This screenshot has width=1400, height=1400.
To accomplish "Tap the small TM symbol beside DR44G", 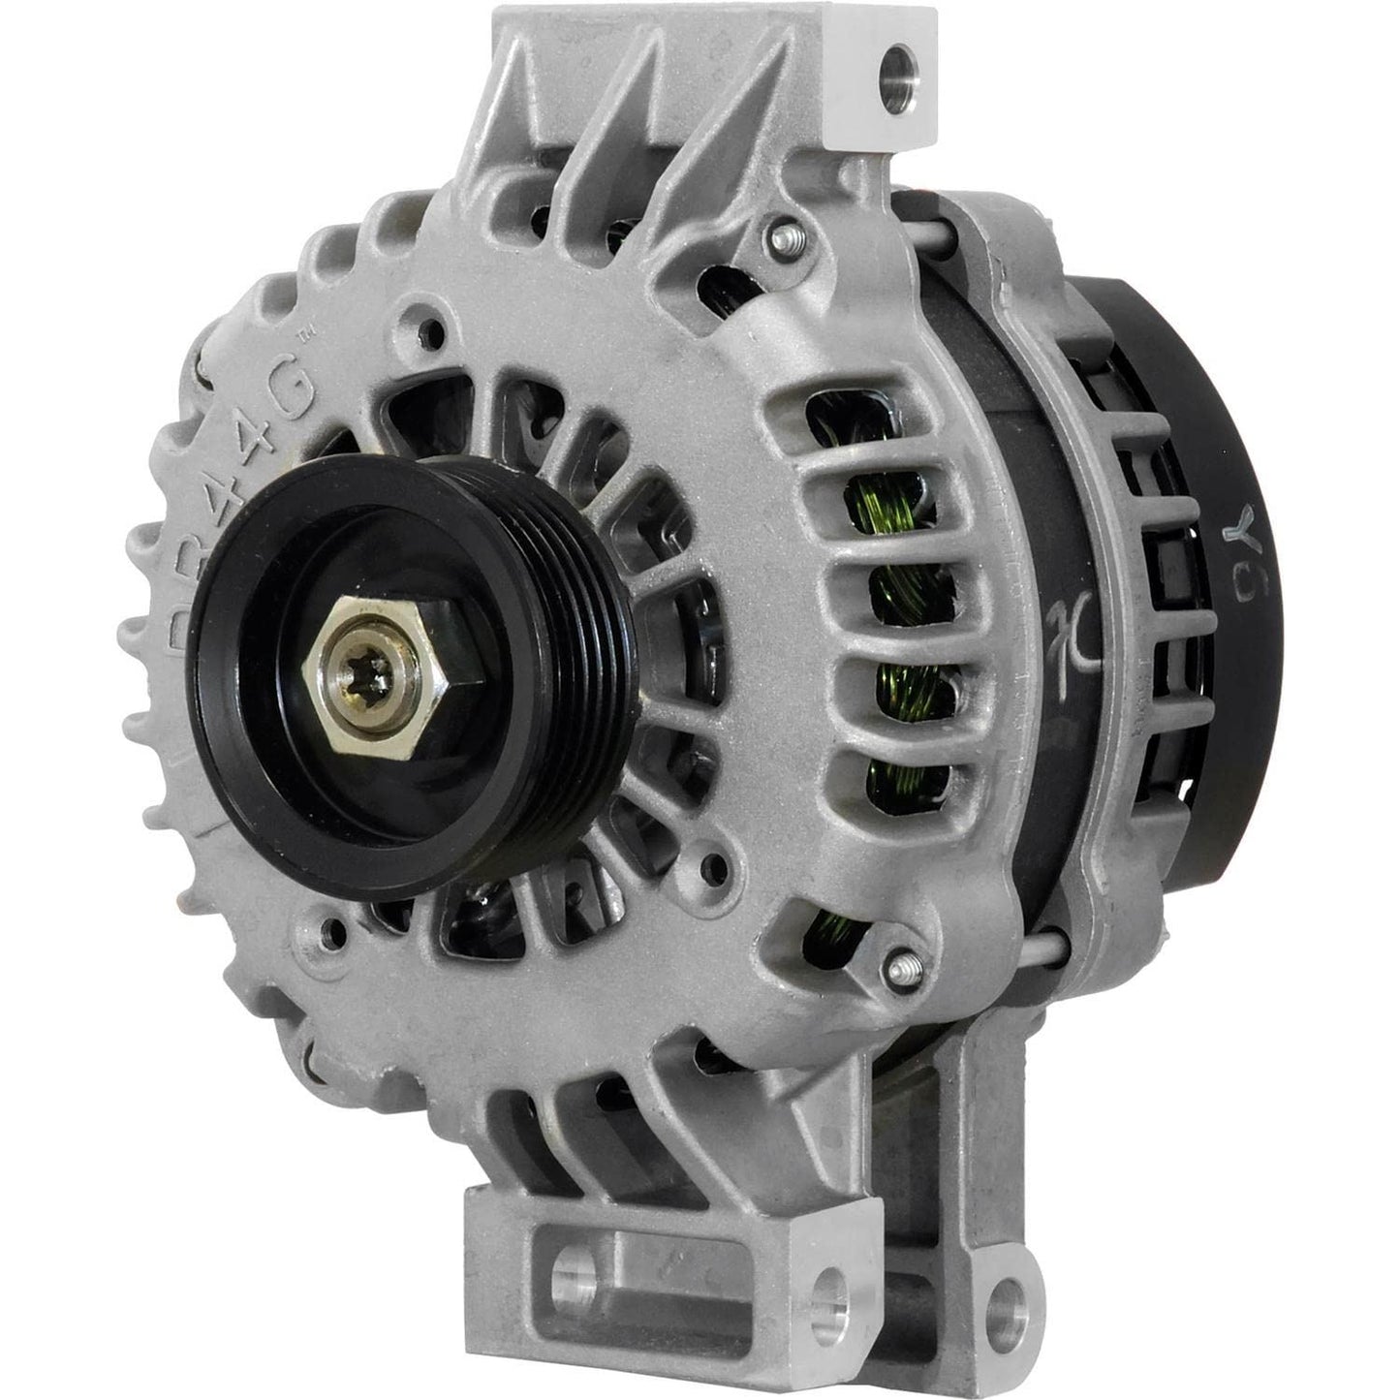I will [x=301, y=340].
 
